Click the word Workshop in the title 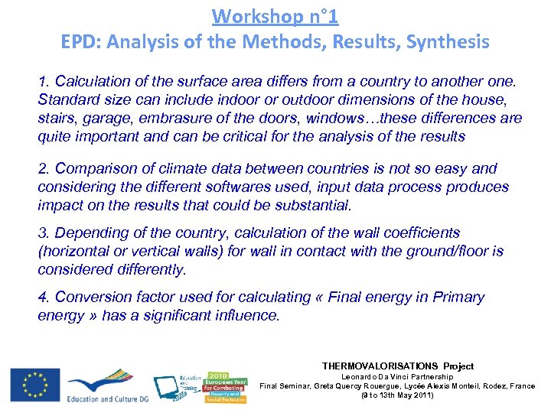click(x=249, y=16)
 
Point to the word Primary click(x=458, y=297)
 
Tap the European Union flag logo click(x=34, y=384)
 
